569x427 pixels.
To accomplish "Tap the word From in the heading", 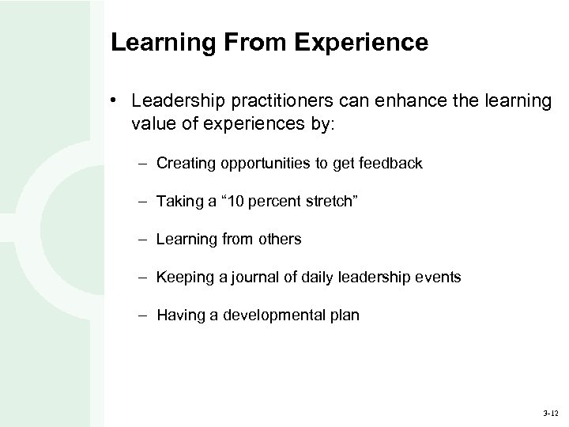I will [x=254, y=43].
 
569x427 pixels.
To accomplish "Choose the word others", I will [x=281, y=239].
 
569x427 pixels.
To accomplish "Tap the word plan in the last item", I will [x=345, y=316].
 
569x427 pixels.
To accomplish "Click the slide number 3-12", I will [x=549, y=413].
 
